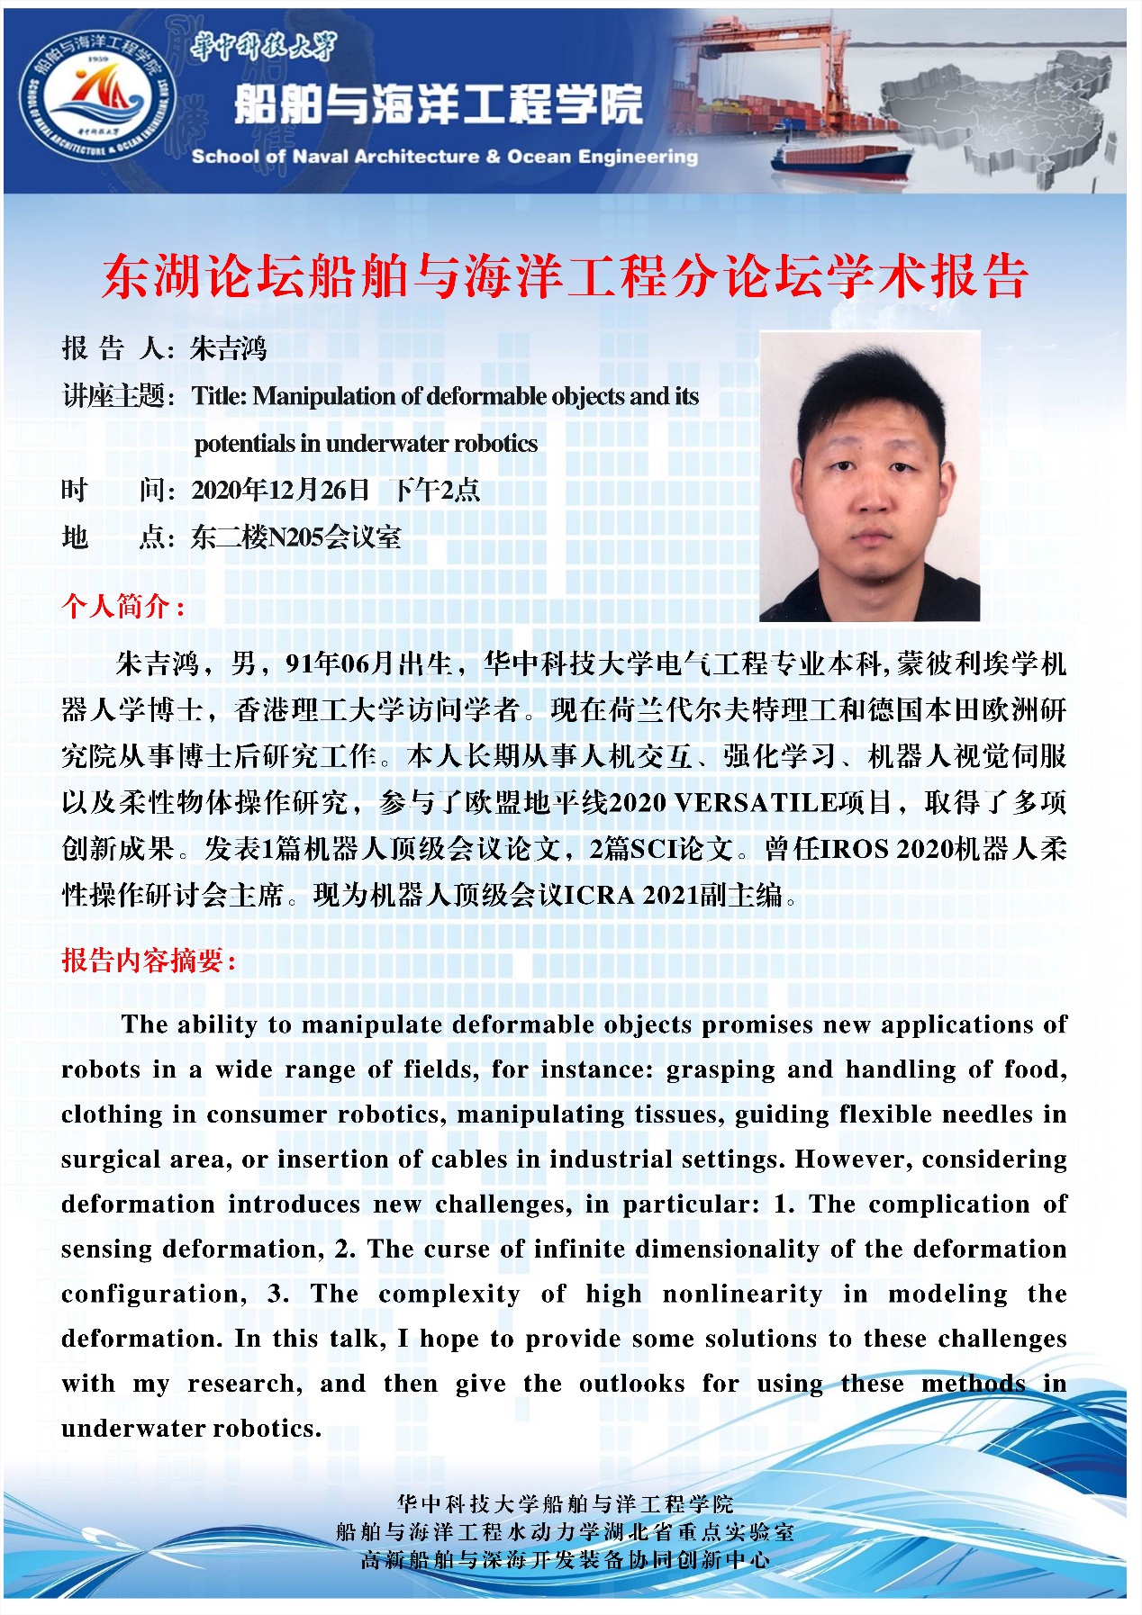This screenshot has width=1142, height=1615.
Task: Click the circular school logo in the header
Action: pos(98,97)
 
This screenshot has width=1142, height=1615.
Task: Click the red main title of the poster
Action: pos(565,276)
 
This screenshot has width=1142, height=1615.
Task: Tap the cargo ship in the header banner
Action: pos(841,162)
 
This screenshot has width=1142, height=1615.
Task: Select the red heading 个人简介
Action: pos(122,606)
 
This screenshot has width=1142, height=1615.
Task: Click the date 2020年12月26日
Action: pos(281,491)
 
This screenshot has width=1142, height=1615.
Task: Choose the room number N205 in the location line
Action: pos(295,537)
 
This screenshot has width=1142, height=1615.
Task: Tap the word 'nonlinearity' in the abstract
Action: pos(742,1295)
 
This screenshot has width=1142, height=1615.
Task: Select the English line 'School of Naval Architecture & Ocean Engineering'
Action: pos(444,157)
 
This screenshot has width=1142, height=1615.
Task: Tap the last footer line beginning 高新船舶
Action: pos(565,1559)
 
